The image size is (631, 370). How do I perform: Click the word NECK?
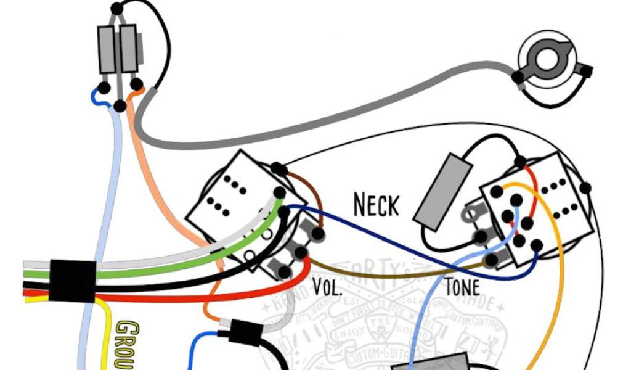click(376, 205)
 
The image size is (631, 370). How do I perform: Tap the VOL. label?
click(328, 287)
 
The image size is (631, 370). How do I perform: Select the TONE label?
click(462, 287)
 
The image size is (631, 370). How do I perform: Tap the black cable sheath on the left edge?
click(71, 281)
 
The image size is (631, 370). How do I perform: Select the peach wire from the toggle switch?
click(154, 185)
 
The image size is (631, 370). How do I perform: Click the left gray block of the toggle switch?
click(106, 49)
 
